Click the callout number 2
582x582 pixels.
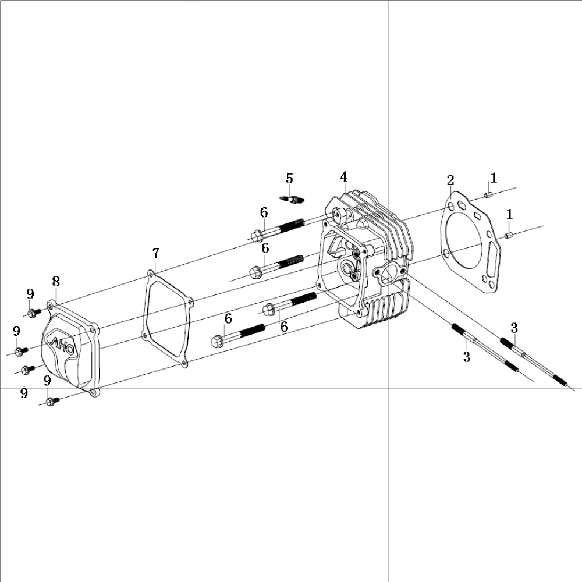[x=450, y=181]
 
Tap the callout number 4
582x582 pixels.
[x=344, y=177]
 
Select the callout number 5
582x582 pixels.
[x=289, y=179]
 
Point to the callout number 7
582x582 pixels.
[x=156, y=253]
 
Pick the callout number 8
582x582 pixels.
[x=56, y=282]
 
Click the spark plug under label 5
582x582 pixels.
[x=292, y=199]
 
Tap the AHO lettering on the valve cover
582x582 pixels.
[x=62, y=346]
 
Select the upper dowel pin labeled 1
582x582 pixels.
[x=488, y=195]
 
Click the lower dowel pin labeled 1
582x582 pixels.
[x=509, y=235]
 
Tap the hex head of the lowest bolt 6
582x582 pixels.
[x=217, y=341]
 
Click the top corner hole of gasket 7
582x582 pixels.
[x=150, y=274]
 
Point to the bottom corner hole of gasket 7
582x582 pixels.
[x=184, y=363]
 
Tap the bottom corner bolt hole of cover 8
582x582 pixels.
[x=92, y=391]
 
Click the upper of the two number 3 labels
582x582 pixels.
[x=514, y=328]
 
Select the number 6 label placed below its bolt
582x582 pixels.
[x=284, y=327]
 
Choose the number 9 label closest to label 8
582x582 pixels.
[x=30, y=294]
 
